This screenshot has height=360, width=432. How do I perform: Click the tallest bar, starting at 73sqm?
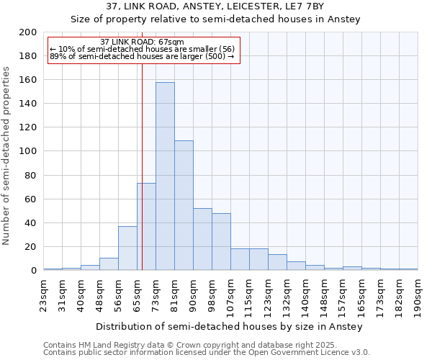165,176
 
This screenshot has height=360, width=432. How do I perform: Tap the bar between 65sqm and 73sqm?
146,227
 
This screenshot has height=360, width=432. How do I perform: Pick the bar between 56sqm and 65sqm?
127,248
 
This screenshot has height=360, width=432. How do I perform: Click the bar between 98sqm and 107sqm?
221,242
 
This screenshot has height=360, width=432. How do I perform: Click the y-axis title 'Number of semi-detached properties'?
7,156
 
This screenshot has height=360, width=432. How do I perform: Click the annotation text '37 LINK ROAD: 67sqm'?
143,42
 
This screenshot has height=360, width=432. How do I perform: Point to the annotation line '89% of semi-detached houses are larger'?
142,56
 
